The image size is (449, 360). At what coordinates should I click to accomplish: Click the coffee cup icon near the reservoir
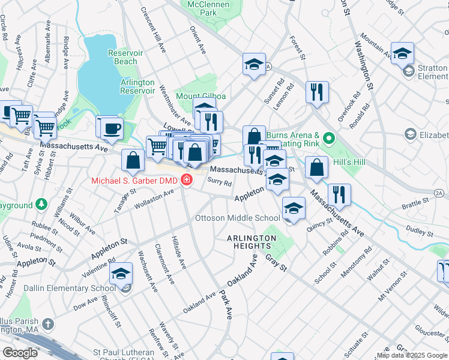(x=111, y=127)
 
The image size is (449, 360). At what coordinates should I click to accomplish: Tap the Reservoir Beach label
(x=125, y=57)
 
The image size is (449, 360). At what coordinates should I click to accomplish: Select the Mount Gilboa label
(x=200, y=96)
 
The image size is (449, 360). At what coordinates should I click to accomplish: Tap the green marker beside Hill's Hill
(x=328, y=139)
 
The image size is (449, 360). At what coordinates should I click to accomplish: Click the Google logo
(x=20, y=353)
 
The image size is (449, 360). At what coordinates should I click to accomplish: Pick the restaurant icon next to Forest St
(x=316, y=92)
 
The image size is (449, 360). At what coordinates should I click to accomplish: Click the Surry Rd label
(x=219, y=182)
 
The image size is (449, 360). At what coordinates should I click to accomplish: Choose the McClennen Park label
(x=209, y=8)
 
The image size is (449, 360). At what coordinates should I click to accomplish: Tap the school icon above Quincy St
(x=294, y=208)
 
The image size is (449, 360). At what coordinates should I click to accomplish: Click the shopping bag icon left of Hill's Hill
(x=316, y=167)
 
